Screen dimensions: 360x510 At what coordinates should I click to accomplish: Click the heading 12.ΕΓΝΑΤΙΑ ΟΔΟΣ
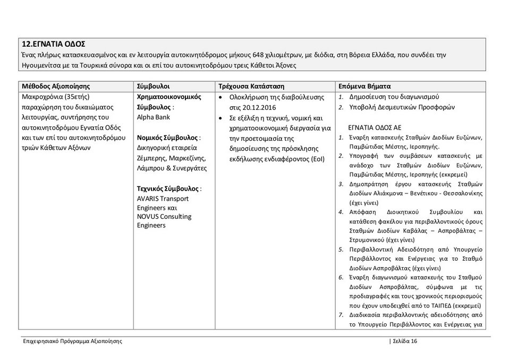coord(53,44)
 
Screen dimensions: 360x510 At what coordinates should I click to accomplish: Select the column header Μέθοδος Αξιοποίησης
coord(56,86)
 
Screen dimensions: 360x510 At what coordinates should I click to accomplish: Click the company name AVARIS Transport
coord(163,199)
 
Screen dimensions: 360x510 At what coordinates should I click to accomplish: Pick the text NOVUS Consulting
coord(164,217)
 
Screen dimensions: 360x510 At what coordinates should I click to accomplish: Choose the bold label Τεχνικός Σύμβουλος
coord(168,189)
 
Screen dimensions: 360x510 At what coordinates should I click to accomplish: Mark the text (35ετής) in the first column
coord(79,98)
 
